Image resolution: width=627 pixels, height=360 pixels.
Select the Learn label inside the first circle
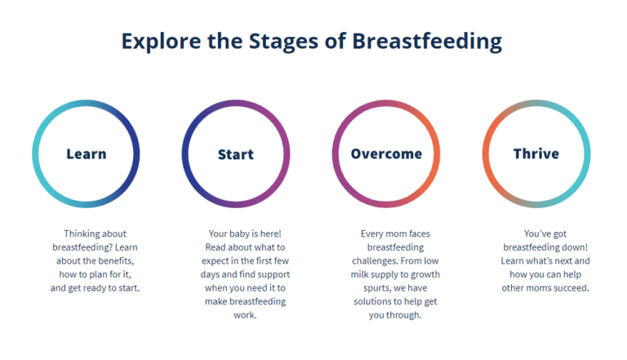tap(86, 154)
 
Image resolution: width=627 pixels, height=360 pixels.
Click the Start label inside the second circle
tap(235, 154)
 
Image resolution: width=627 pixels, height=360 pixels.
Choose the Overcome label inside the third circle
tap(386, 154)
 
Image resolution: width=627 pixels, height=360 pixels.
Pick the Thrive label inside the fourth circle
tap(536, 154)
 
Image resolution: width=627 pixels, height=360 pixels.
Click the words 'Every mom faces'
tap(385, 233)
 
